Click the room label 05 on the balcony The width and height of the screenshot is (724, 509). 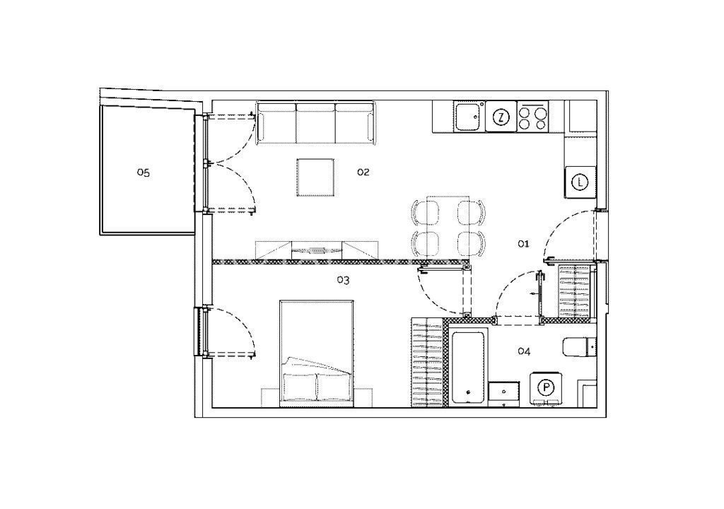point(143,172)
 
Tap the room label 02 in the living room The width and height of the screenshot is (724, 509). point(363,172)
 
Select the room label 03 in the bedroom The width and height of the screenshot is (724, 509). point(343,280)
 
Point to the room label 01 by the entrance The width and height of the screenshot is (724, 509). point(523,243)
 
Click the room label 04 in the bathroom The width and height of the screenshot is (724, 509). point(524,351)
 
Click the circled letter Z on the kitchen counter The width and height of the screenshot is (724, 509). point(501,117)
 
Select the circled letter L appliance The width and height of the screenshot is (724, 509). point(580,182)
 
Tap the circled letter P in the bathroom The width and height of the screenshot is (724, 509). point(547,387)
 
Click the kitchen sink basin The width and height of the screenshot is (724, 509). point(468,117)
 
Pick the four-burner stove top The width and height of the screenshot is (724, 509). point(532,117)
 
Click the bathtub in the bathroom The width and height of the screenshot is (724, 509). point(468,367)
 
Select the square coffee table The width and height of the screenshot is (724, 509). point(315,177)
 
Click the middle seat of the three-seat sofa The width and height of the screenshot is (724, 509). point(315,122)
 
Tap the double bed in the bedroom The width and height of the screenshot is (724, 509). point(317,353)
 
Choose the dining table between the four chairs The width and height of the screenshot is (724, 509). point(448,226)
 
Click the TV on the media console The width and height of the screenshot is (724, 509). point(316,250)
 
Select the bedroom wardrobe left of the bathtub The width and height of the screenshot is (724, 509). point(427,362)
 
